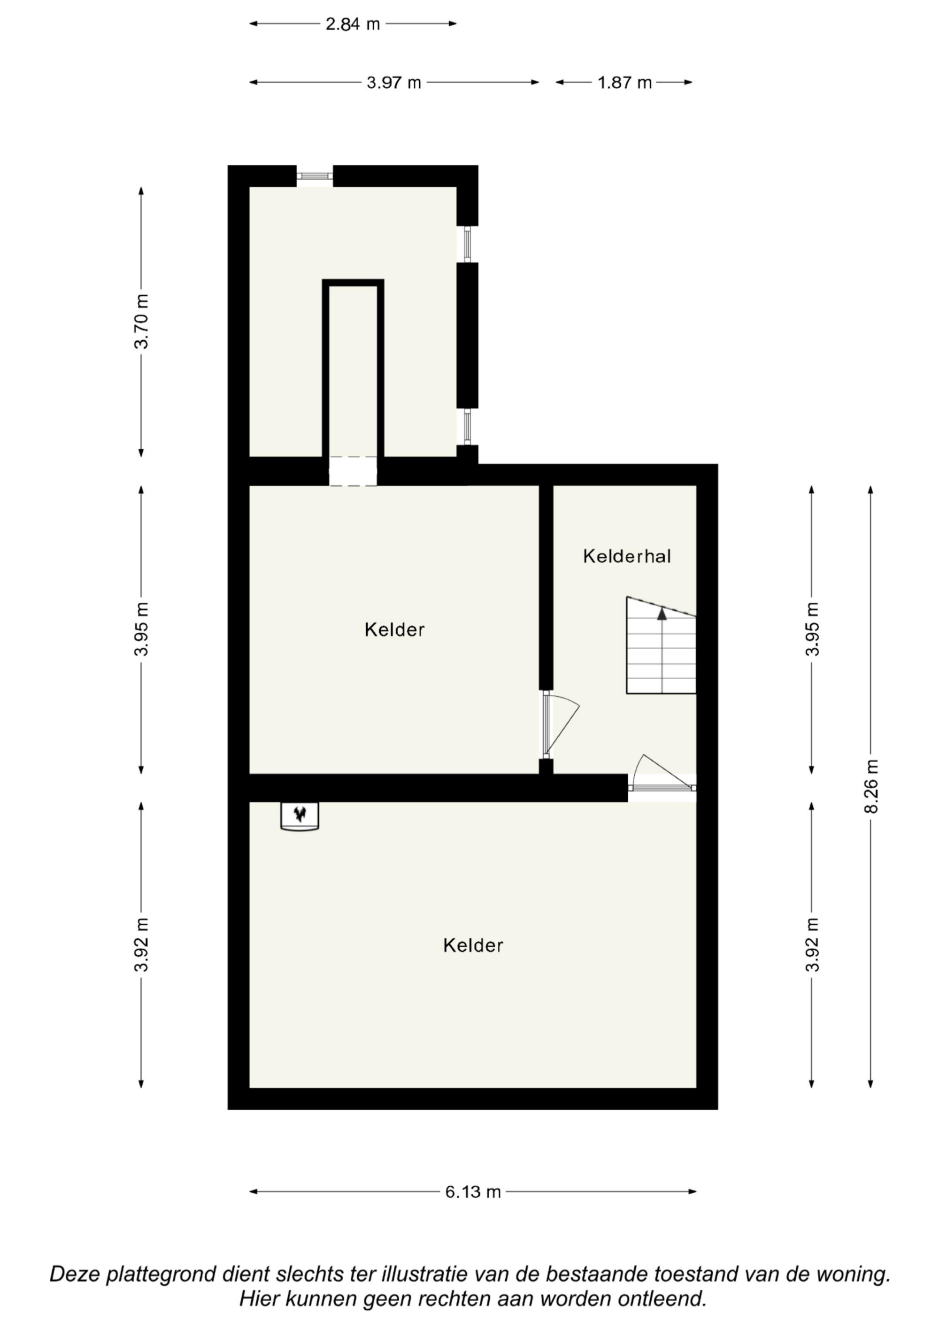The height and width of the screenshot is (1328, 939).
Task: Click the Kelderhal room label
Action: click(x=627, y=556)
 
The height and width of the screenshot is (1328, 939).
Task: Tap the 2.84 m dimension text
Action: click(x=352, y=24)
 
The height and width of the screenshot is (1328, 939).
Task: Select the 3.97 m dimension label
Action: click(x=393, y=83)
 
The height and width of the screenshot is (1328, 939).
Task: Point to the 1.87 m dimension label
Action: click(x=624, y=83)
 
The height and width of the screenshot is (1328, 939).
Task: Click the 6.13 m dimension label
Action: click(x=473, y=1192)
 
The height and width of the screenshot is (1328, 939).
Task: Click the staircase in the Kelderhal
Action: click(x=661, y=645)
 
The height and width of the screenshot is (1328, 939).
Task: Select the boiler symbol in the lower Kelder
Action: click(x=300, y=816)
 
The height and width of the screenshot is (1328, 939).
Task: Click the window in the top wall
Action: click(x=315, y=176)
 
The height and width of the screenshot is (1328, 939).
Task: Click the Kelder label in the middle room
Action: click(x=394, y=629)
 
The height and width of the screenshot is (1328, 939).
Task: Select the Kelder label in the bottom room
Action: click(x=473, y=945)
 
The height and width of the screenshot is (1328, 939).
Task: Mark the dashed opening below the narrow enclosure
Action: click(x=353, y=471)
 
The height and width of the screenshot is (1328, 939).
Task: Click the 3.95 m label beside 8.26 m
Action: click(x=813, y=629)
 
